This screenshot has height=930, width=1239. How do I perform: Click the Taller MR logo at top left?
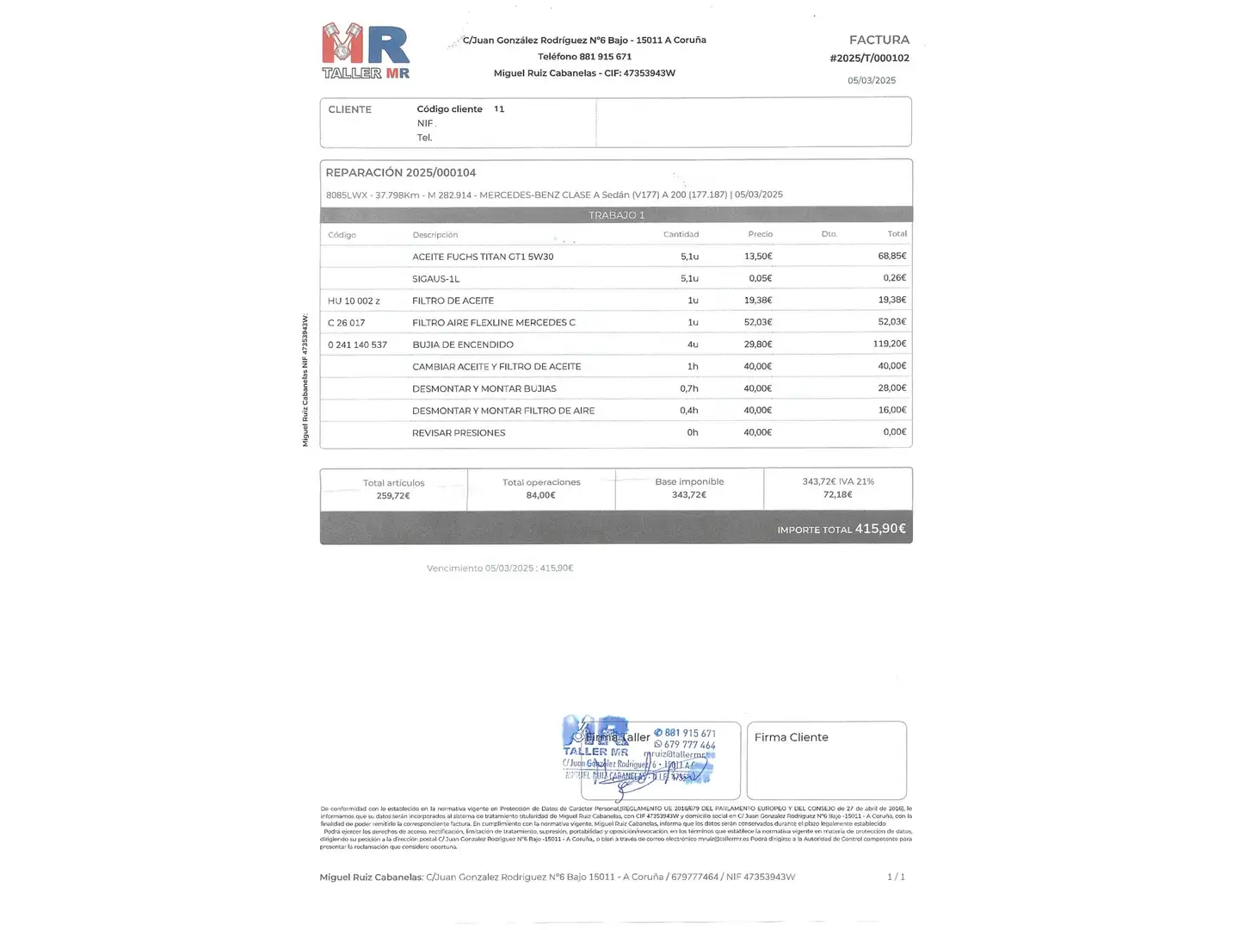pyautogui.click(x=366, y=51)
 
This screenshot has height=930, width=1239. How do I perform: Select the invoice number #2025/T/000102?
pyautogui.click(x=869, y=59)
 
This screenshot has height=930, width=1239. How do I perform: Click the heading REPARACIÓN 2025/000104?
pyautogui.click(x=401, y=173)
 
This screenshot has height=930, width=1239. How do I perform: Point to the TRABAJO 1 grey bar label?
pyautogui.click(x=616, y=215)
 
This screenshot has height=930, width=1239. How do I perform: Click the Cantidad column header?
pyautogui.click(x=681, y=234)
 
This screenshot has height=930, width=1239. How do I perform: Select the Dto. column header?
pyautogui.click(x=829, y=234)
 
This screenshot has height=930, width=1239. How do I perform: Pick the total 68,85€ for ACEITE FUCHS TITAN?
pyautogui.click(x=891, y=257)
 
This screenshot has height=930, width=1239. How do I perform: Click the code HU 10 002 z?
pyautogui.click(x=354, y=301)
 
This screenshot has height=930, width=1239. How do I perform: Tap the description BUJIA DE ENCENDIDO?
pyautogui.click(x=463, y=345)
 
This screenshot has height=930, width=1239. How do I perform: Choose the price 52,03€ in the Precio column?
pyautogui.click(x=757, y=323)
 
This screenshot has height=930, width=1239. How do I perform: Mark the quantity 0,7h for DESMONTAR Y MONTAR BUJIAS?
pyautogui.click(x=688, y=389)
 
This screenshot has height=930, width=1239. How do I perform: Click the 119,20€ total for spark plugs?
pyautogui.click(x=889, y=344)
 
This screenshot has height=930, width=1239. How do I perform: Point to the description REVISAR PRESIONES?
pyautogui.click(x=459, y=433)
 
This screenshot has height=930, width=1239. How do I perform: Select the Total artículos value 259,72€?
pyautogui.click(x=393, y=496)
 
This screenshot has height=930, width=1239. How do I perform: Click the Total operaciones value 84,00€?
pyautogui.click(x=541, y=495)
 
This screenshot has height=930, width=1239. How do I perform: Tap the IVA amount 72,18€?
pyautogui.click(x=837, y=495)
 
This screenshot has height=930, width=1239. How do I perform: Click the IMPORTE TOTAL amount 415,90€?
pyautogui.click(x=879, y=529)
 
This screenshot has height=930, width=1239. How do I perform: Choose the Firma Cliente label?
pyautogui.click(x=791, y=738)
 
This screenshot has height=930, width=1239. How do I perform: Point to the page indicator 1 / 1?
pyautogui.click(x=896, y=877)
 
